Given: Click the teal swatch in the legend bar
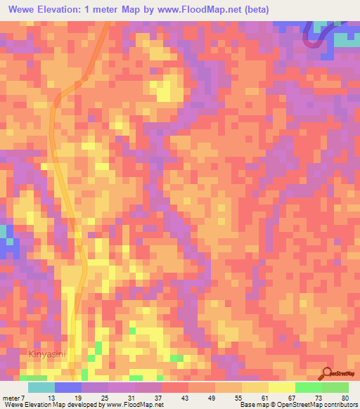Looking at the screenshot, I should pyautogui.click(x=41, y=387).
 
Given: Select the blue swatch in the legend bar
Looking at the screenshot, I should pyautogui.click(x=67, y=387).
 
